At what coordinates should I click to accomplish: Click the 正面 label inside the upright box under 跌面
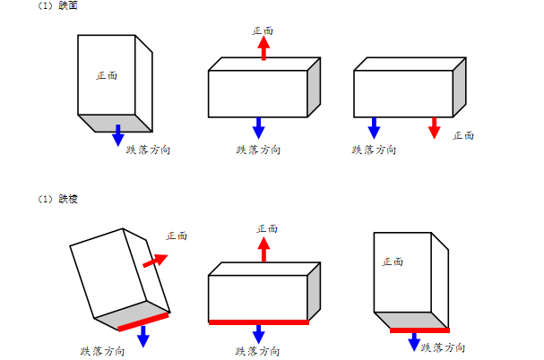pyautogui.click(x=107, y=75)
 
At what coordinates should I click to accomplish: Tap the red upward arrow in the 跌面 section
pyautogui.click(x=263, y=47)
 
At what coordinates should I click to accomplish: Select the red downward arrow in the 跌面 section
pyautogui.click(x=435, y=127)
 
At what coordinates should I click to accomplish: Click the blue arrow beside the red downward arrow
pyautogui.click(x=374, y=127)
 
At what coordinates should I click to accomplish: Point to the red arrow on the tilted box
pyautogui.click(x=155, y=261)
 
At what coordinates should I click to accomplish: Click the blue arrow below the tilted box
pyautogui.click(x=142, y=335)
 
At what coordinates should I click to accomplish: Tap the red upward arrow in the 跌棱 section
pyautogui.click(x=263, y=248)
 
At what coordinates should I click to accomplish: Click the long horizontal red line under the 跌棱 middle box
pyautogui.click(x=259, y=321)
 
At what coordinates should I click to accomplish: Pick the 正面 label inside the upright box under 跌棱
pyautogui.click(x=393, y=261)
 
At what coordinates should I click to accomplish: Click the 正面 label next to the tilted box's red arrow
pyautogui.click(x=177, y=236)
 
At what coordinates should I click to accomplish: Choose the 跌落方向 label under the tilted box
pyautogui.click(x=102, y=350)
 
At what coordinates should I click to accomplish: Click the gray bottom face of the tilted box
pyautogui.click(x=130, y=313)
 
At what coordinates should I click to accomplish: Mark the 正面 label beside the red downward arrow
pyautogui.click(x=463, y=135)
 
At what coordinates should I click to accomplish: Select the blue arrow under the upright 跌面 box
pyautogui.click(x=118, y=136)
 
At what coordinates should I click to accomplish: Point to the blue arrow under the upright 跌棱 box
pyautogui.click(x=413, y=342)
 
